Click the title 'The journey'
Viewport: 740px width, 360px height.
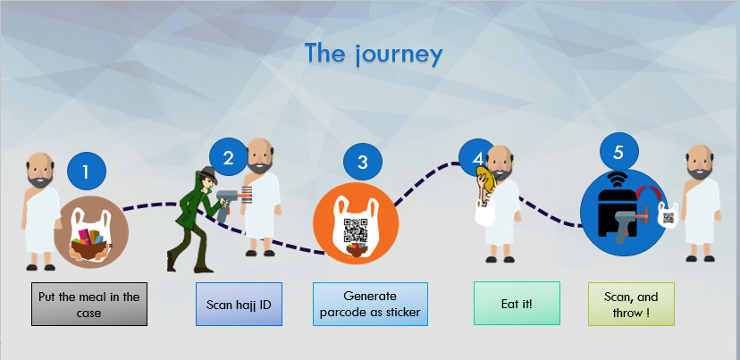[373, 54]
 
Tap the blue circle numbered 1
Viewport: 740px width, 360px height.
[87, 172]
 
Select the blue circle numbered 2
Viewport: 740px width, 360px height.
[228, 158]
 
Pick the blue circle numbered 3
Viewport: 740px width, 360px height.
[362, 162]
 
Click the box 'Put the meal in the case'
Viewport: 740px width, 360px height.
[89, 305]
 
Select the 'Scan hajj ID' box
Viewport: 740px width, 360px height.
[239, 305]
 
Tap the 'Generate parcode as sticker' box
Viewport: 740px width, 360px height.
[370, 305]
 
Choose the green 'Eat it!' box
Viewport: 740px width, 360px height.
[516, 305]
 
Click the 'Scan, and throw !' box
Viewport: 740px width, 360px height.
[631, 305]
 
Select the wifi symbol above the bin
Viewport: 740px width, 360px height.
[617, 176]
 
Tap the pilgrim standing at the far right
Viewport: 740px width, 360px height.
[703, 205]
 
